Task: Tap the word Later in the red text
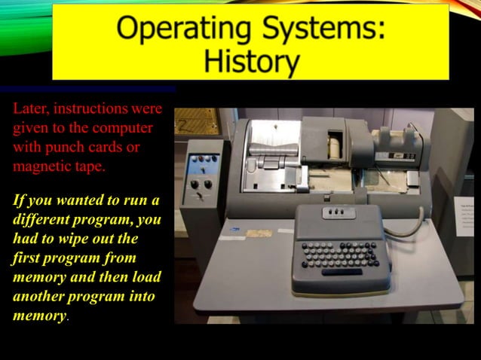31,110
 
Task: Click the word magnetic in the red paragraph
42,166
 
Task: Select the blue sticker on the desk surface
236,228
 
